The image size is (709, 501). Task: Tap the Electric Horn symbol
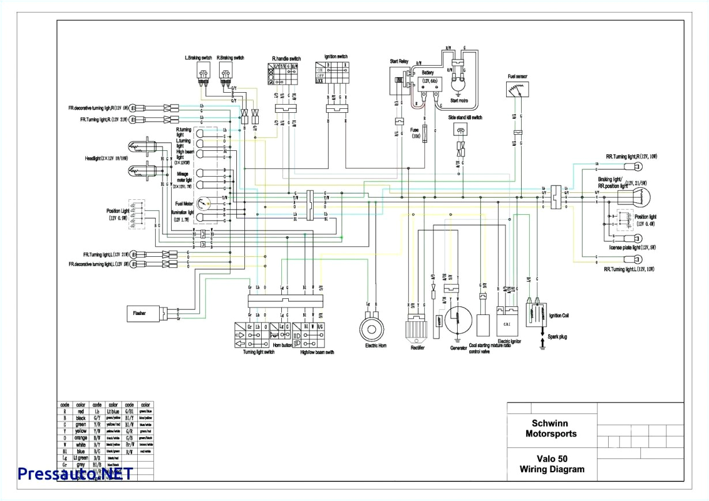372,329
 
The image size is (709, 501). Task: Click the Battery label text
427,73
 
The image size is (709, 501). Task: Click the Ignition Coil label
560,316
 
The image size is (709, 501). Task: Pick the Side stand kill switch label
465,117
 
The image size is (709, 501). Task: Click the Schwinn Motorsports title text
550,429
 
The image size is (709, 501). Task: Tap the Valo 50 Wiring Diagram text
550,464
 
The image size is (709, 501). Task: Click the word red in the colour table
81,412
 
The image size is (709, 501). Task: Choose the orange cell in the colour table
81,438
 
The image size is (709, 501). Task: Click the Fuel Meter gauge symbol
203,203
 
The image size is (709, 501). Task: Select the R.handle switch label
286,59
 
